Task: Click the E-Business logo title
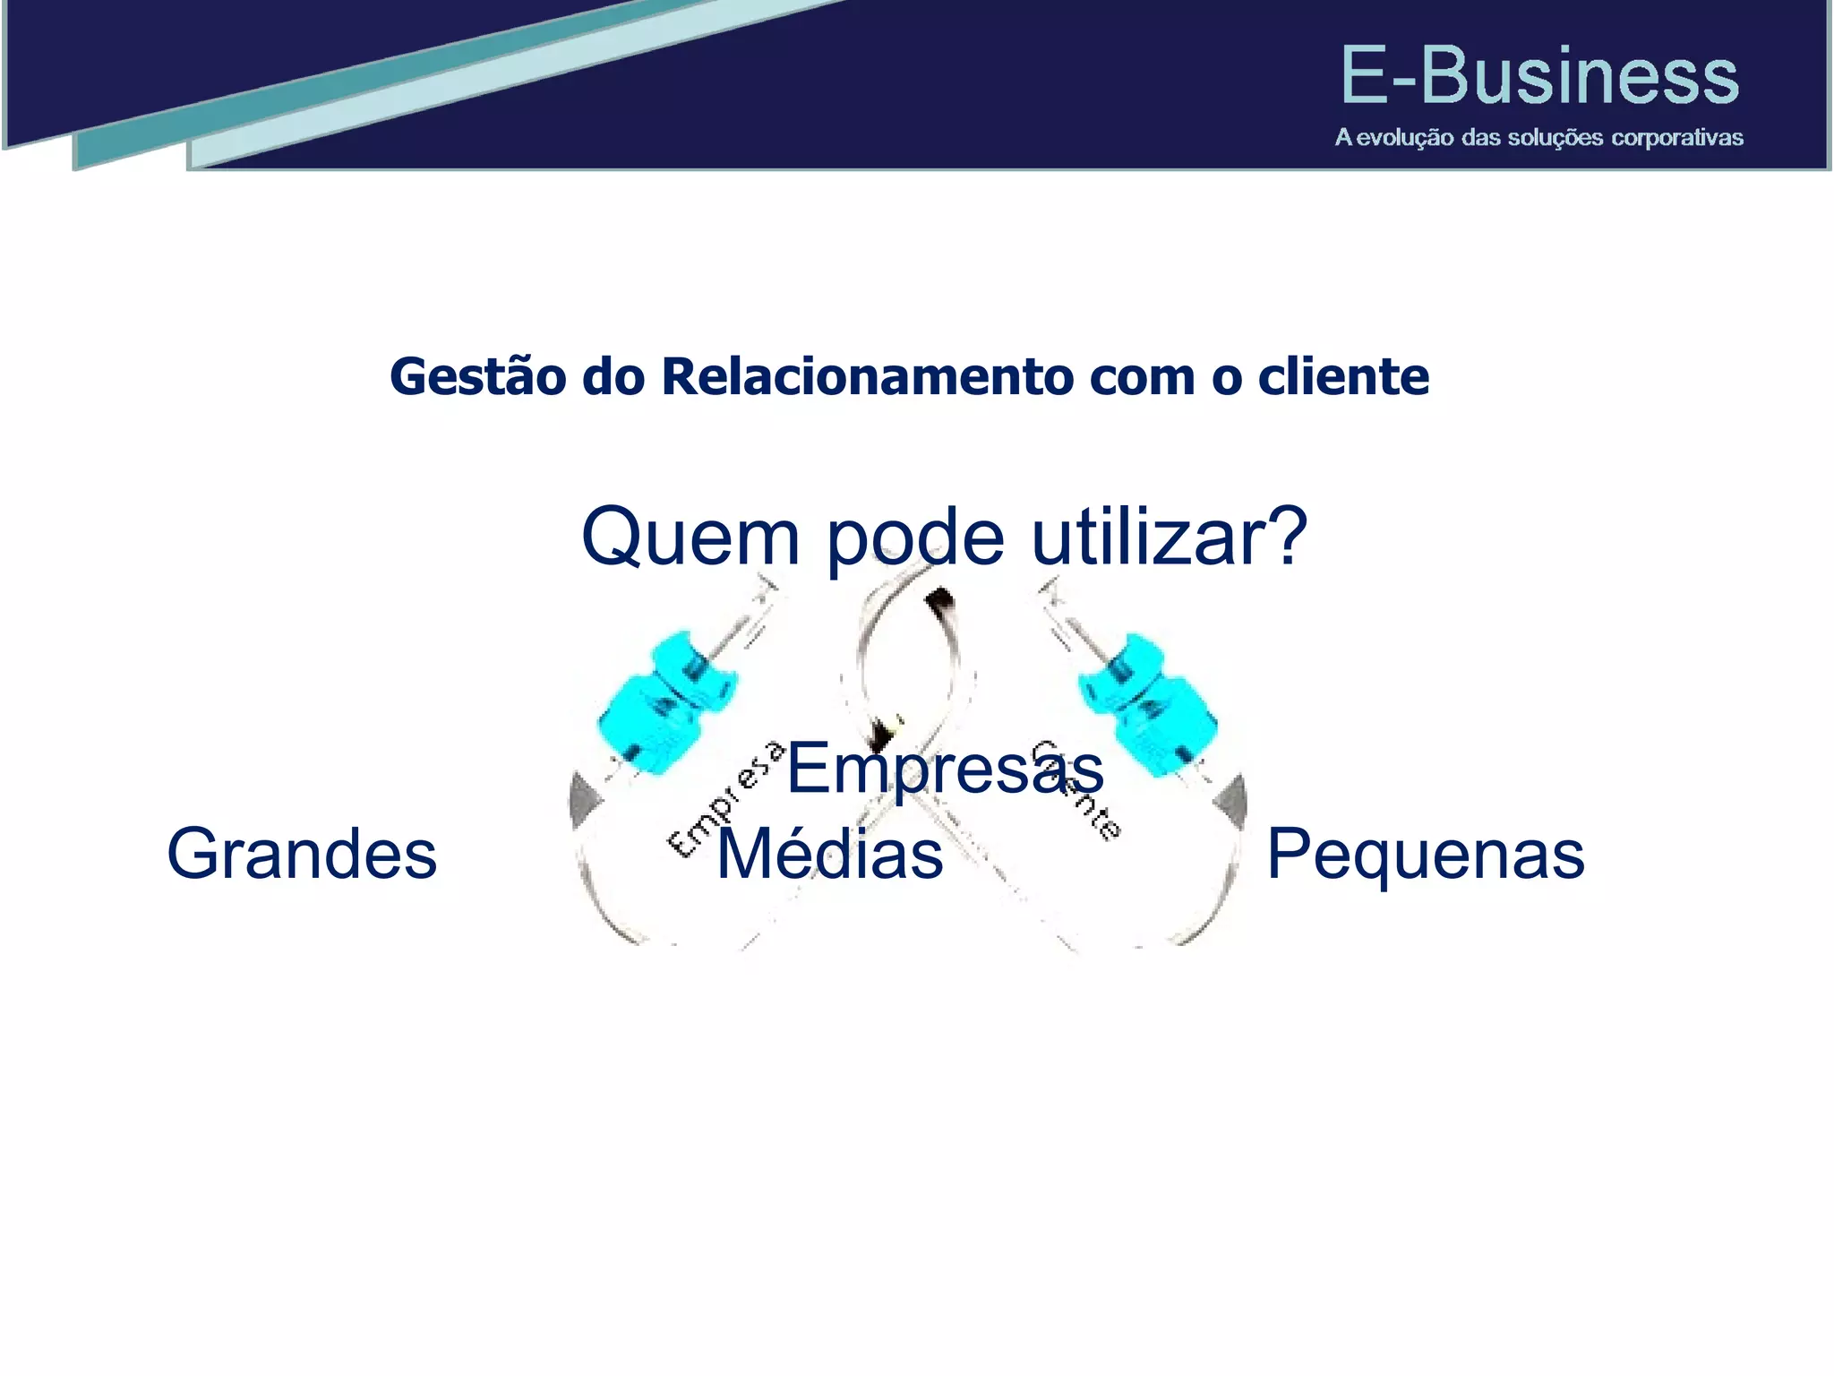[1538, 77]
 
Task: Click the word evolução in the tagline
[1404, 138]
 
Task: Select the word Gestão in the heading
[478, 377]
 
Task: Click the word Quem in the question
[690, 537]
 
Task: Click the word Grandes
[302, 854]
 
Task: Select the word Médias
[829, 854]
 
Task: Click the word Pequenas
[1425, 854]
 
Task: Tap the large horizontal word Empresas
[945, 769]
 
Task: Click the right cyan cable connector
[1147, 703]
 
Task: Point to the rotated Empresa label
[725, 799]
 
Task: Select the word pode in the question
[914, 537]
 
